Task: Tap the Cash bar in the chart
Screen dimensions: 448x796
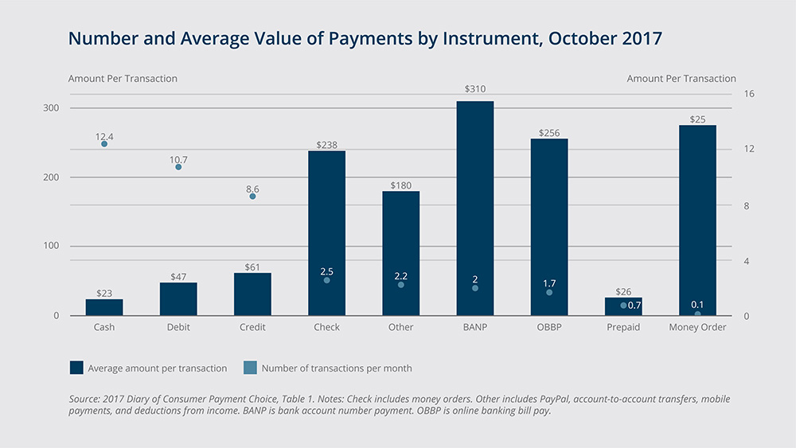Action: pos(104,307)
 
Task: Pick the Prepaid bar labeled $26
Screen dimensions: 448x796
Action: pos(623,307)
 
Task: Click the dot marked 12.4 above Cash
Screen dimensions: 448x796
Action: pos(104,144)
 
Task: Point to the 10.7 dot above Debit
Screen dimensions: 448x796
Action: pos(178,167)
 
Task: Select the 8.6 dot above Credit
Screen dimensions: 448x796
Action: pos(252,196)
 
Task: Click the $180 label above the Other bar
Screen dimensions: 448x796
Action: pos(400,185)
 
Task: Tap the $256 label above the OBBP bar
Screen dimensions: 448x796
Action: pos(549,133)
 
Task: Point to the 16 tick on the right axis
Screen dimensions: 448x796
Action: pos(749,94)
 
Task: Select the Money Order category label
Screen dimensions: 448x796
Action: pos(697,327)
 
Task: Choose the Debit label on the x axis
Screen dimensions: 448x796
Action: pos(178,327)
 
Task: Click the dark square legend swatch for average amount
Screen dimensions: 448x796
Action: pos(76,368)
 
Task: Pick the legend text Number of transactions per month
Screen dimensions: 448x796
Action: pos(337,368)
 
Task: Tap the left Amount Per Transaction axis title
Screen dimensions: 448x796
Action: pos(123,79)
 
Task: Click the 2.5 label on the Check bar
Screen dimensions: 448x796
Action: pos(326,272)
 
